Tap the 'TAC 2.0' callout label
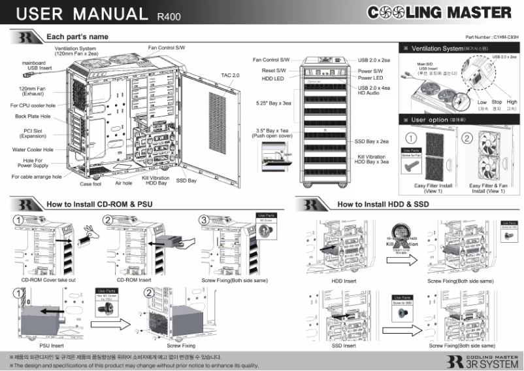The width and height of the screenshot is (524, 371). click(x=231, y=75)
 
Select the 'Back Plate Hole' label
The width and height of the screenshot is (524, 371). click(x=33, y=116)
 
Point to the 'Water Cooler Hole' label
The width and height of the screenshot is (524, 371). click(x=33, y=149)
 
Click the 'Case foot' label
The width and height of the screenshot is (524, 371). click(x=90, y=184)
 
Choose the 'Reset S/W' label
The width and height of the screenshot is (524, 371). click(x=274, y=69)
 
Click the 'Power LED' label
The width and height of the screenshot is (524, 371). click(x=370, y=78)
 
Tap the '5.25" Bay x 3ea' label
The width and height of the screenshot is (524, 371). click(x=273, y=103)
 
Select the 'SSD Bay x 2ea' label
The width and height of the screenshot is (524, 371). click(x=371, y=141)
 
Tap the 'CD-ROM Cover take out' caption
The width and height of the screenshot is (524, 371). click(x=48, y=280)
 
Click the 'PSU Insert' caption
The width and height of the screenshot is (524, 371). click(x=52, y=345)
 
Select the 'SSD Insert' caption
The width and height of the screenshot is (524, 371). click(x=344, y=345)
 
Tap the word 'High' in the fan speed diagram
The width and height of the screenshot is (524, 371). click(x=512, y=102)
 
